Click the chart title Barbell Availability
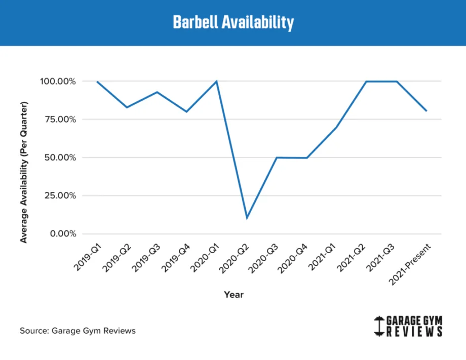pyautogui.click(x=233, y=23)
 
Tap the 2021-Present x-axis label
pyautogui.click(x=411, y=263)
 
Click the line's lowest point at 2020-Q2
pyautogui.click(x=247, y=218)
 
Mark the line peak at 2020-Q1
pyautogui.click(x=217, y=81)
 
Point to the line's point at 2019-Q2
pyautogui.click(x=127, y=107)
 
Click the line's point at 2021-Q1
pyautogui.click(x=336, y=128)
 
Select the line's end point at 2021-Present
pyautogui.click(x=426, y=111)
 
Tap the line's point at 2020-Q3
pyautogui.click(x=277, y=157)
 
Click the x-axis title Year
pyautogui.click(x=234, y=295)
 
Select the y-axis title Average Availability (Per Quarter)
pyautogui.click(x=24, y=172)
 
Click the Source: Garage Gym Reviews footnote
pyautogui.click(x=78, y=331)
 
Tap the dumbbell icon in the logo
pyautogui.click(x=378, y=327)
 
